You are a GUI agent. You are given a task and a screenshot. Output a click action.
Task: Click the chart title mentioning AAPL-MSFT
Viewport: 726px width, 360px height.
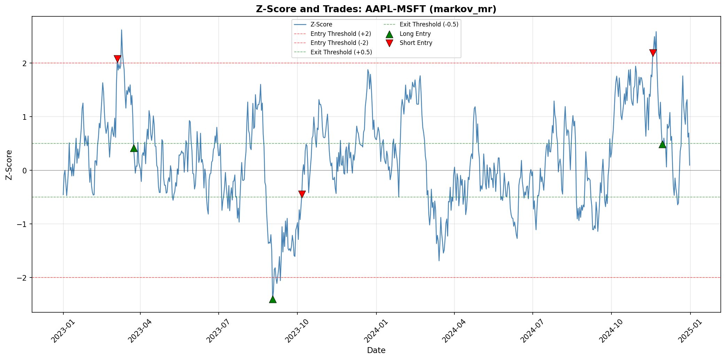(x=376, y=9)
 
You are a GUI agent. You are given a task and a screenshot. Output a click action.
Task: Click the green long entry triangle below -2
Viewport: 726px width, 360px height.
(x=273, y=299)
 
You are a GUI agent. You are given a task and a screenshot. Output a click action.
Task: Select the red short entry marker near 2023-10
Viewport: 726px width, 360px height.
(x=302, y=194)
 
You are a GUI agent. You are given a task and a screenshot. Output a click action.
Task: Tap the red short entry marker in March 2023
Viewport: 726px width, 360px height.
(x=117, y=59)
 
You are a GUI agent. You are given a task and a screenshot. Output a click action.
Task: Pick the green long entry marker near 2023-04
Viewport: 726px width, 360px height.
(x=134, y=148)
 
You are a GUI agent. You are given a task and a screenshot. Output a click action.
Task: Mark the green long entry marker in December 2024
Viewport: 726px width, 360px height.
(x=662, y=144)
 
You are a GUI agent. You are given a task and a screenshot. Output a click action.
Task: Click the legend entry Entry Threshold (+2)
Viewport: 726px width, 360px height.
(x=341, y=34)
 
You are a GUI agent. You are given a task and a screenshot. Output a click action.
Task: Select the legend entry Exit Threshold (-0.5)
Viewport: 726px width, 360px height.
(x=429, y=24)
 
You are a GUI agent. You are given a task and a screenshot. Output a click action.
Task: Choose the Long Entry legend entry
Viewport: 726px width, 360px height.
(x=415, y=34)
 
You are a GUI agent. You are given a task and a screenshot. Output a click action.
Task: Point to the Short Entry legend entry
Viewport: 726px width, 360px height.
(x=416, y=43)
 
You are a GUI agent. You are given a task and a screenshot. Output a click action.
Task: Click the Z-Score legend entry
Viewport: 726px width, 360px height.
(x=321, y=24)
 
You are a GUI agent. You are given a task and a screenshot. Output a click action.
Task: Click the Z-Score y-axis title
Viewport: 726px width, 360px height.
(x=9, y=165)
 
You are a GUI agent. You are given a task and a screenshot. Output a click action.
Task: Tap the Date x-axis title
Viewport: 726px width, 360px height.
(x=376, y=350)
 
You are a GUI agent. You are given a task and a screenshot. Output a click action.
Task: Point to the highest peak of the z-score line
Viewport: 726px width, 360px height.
(x=122, y=30)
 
